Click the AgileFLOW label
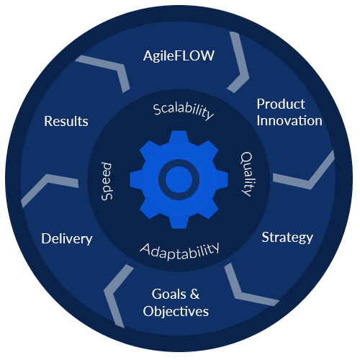pyautogui.click(x=179, y=56)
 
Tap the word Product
pyautogui.click(x=281, y=104)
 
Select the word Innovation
pyautogui.click(x=289, y=120)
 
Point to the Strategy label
pyautogui.click(x=287, y=238)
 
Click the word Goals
pyautogui.click(x=169, y=294)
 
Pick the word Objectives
pyautogui.click(x=176, y=312)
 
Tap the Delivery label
pyautogui.click(x=67, y=239)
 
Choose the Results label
pyautogui.click(x=66, y=121)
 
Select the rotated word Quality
pyautogui.click(x=246, y=174)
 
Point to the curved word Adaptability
pyautogui.click(x=179, y=251)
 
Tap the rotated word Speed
pyautogui.click(x=107, y=181)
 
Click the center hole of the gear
pyautogui.click(x=179, y=179)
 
